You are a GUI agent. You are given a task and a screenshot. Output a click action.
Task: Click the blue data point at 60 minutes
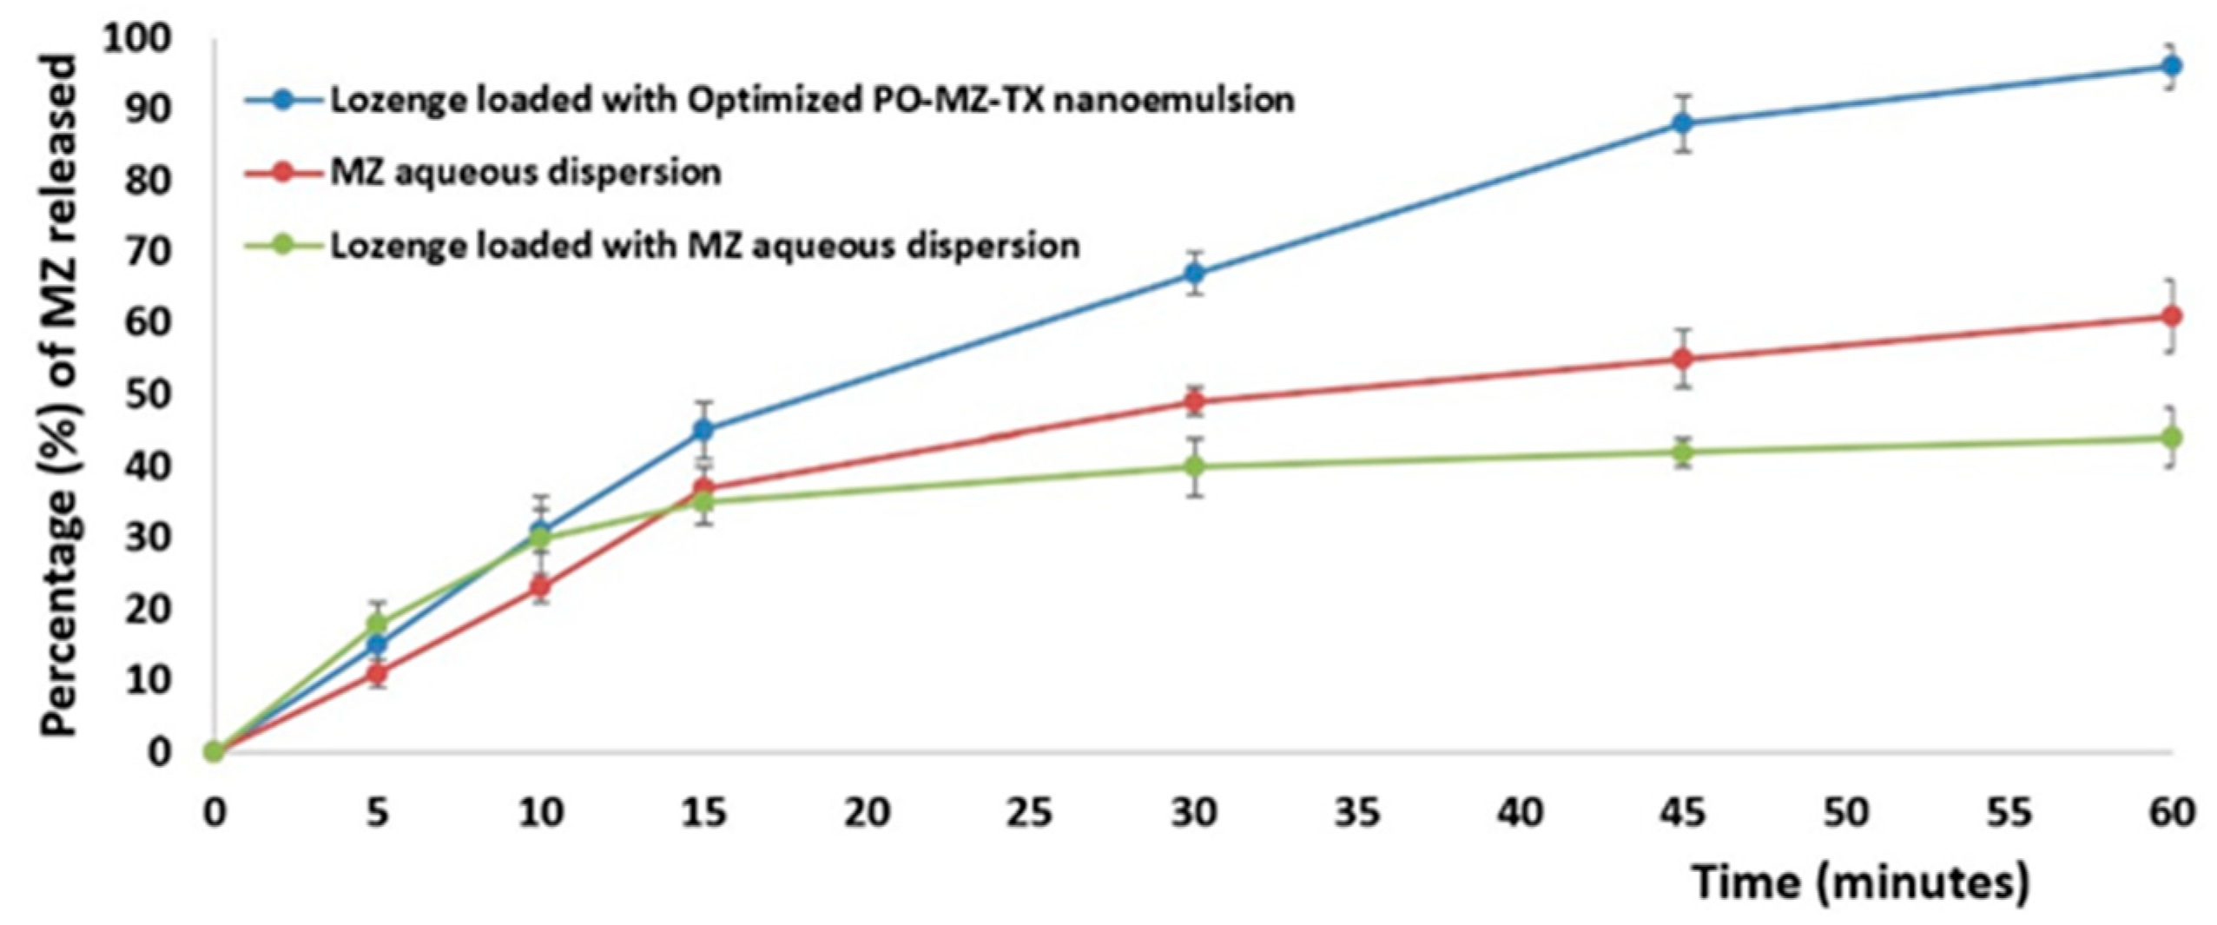pos(2170,66)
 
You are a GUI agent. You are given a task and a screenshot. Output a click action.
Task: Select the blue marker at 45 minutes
pos(1682,123)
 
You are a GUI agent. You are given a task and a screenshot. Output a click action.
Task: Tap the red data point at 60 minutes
pos(2170,316)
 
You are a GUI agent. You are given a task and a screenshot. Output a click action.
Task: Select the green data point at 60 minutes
pos(2170,438)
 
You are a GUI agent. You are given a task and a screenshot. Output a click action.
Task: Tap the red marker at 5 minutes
pos(376,673)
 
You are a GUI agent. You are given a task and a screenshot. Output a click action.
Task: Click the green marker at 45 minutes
pos(1682,452)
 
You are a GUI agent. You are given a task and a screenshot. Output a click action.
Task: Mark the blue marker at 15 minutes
pos(703,429)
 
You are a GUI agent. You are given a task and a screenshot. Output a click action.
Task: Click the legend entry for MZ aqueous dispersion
pos(525,172)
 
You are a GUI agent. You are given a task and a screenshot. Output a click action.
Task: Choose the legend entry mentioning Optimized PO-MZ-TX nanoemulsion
pos(811,100)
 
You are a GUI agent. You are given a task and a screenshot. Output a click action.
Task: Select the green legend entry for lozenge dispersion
pos(703,245)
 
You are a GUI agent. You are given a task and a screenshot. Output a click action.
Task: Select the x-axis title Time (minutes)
pos(1861,882)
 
